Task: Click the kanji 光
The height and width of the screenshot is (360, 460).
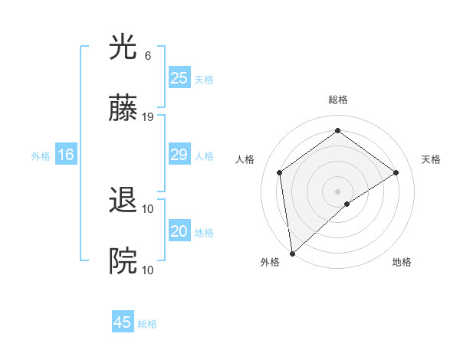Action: coord(123,49)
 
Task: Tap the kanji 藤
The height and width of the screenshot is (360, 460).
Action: coord(123,110)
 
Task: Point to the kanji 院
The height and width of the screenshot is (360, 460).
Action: coord(123,262)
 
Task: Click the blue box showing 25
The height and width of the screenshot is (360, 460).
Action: coord(179,78)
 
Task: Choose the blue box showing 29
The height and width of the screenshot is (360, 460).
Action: coord(179,155)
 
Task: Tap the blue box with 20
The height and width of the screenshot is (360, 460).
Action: coord(179,232)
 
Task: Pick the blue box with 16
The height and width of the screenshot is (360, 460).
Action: coord(66,155)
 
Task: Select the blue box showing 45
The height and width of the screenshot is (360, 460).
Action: coord(123,322)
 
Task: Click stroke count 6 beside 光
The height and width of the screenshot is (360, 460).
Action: coord(147,56)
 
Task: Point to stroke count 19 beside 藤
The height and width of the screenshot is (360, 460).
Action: coord(149,117)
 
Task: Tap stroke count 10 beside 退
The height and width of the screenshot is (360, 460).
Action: coord(148,208)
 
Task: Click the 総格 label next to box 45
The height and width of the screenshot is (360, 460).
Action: coord(147,324)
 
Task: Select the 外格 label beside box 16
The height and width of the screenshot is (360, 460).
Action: coord(41,156)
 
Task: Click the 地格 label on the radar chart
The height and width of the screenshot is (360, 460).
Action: coord(402,262)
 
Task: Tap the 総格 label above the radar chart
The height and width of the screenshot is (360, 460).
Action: coord(338,100)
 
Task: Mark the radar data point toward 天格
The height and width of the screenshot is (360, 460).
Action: coord(396,172)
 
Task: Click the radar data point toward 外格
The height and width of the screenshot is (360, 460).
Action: coord(292,253)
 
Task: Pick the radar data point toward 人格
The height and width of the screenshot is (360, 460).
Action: coord(280,172)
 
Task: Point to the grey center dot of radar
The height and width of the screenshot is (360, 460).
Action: coord(338,191)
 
